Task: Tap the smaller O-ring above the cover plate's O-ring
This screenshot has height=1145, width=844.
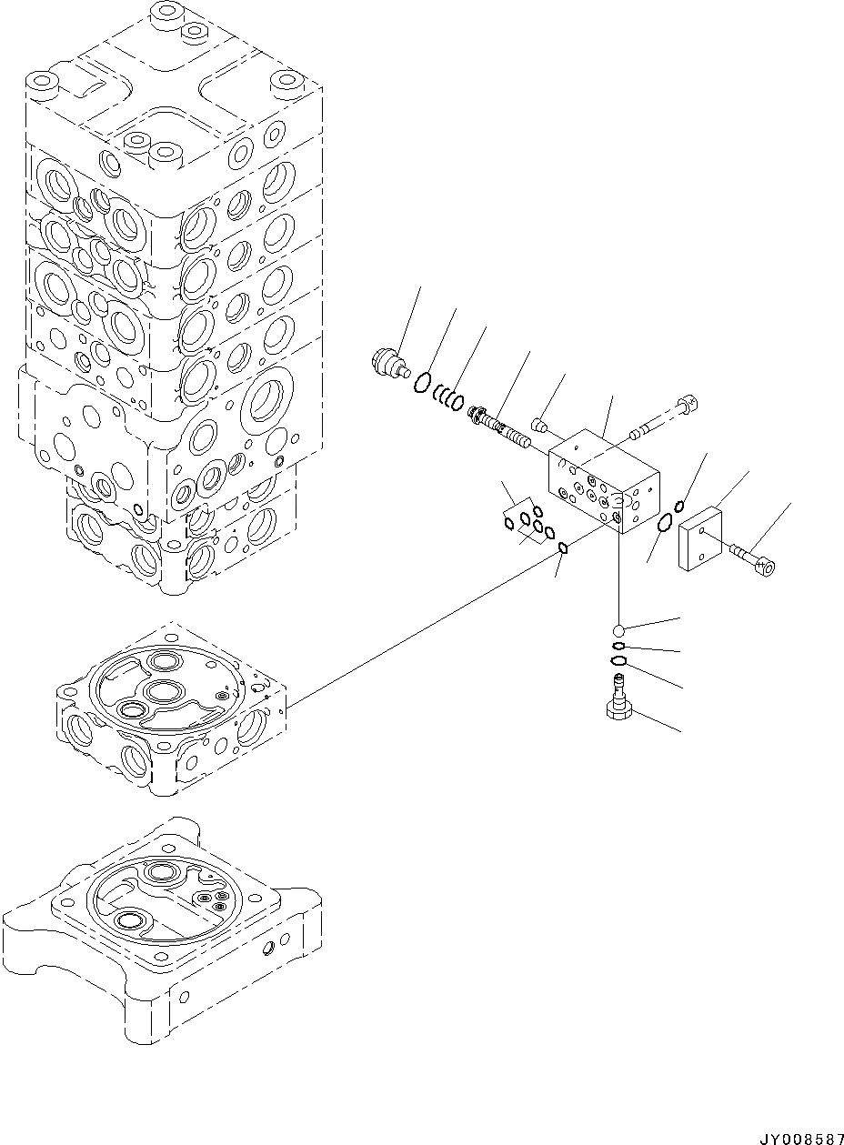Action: point(680,507)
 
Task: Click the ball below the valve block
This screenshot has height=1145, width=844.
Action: point(619,629)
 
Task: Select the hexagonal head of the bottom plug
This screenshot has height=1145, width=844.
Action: point(619,710)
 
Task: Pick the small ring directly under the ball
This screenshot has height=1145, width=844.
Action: point(618,647)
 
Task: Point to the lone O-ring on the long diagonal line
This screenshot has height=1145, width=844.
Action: point(564,547)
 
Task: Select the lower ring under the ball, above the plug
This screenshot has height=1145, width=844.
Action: point(618,661)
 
